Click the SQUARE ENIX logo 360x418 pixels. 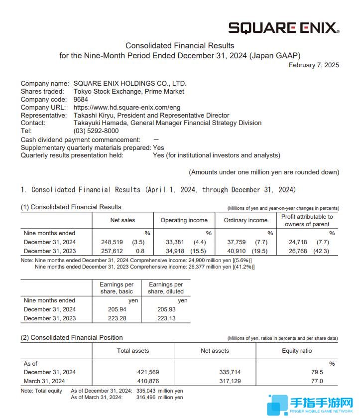pyautogui.click(x=283, y=27)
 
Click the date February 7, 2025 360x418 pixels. pyautogui.click(x=314, y=65)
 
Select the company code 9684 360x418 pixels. pyautogui.click(x=81, y=99)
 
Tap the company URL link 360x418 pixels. pyautogui.click(x=126, y=107)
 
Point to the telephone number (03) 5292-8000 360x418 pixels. pyautogui.click(x=96, y=131)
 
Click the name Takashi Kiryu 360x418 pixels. pyautogui.click(x=95, y=115)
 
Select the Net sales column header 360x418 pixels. pyautogui.click(x=122, y=220)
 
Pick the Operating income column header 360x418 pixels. pyautogui.click(x=184, y=220)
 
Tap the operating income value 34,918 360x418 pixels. pyautogui.click(x=175, y=251)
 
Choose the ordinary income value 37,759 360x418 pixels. pyautogui.click(x=237, y=242)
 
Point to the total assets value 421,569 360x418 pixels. pyautogui.click(x=148, y=372)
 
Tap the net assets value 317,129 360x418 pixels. pyautogui.click(x=230, y=381)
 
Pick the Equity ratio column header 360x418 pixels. pyautogui.click(x=297, y=351)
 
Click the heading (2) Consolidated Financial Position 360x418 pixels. pyautogui.click(x=72, y=337)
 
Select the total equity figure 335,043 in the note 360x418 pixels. pyautogui.click(x=147, y=391)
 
